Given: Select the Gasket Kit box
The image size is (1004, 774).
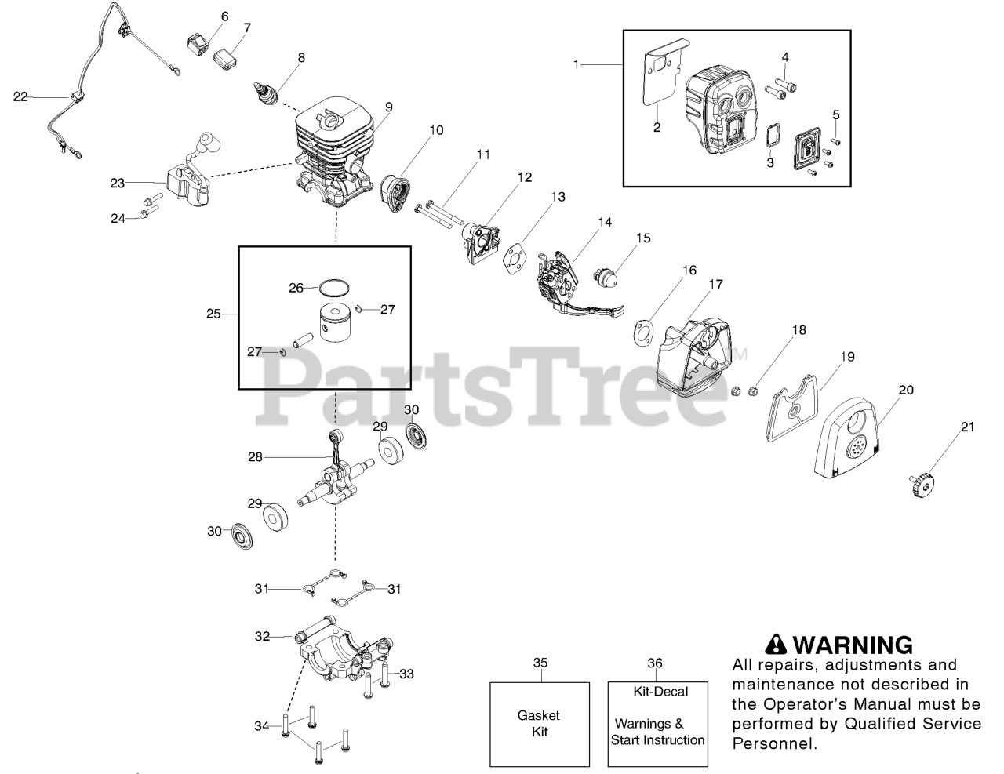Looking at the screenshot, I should coord(540,723).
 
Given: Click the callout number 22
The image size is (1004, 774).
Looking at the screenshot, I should coord(20,96).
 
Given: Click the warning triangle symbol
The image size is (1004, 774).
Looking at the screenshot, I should coord(776,645).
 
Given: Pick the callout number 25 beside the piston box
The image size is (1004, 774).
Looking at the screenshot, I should coord(213,314).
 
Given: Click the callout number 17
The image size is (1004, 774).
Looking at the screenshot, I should coord(716,285).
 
